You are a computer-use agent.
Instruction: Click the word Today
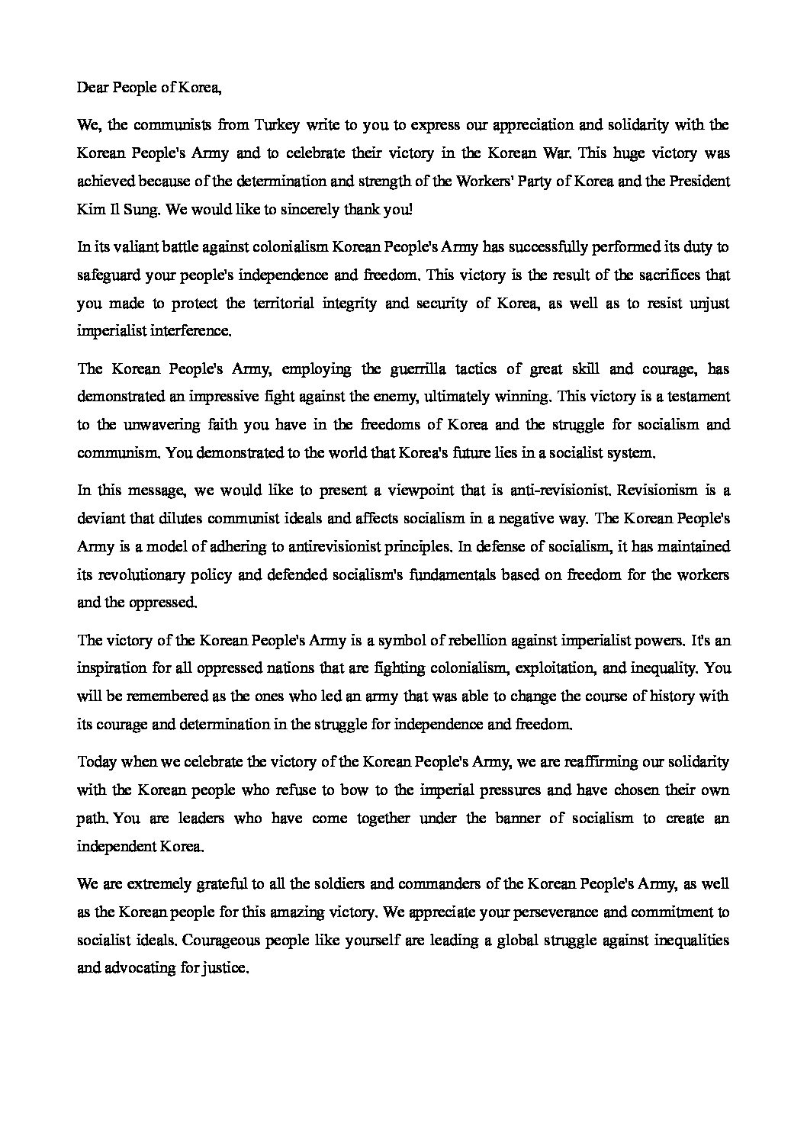(96, 761)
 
